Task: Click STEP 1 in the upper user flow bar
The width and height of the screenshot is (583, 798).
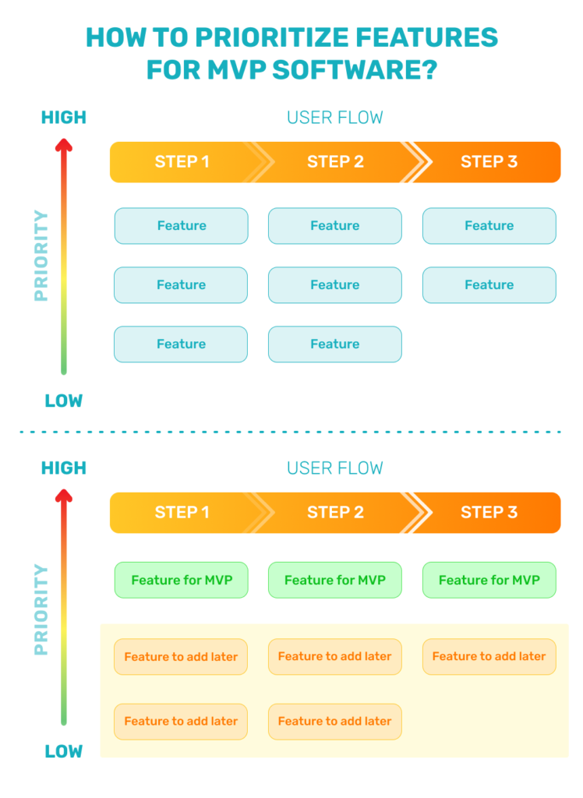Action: click(182, 162)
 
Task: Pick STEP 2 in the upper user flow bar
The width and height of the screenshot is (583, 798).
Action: click(335, 162)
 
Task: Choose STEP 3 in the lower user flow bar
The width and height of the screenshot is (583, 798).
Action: click(489, 513)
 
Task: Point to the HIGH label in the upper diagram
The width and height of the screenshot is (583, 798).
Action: click(64, 118)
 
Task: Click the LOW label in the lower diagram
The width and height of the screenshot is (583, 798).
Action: click(64, 752)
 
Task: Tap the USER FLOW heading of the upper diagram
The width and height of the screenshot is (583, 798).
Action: click(335, 118)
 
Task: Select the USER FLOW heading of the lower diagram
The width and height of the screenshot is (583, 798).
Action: click(335, 468)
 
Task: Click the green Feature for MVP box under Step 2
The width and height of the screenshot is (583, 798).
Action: click(335, 580)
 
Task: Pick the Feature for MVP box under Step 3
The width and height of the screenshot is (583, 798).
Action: click(489, 580)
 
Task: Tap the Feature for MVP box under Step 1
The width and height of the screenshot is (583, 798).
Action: click(182, 580)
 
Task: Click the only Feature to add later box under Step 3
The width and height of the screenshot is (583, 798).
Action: click(489, 657)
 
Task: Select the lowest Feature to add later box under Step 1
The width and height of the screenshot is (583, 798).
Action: click(181, 722)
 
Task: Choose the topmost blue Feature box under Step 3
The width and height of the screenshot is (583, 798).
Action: click(489, 226)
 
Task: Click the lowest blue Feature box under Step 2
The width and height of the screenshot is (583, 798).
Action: click(335, 344)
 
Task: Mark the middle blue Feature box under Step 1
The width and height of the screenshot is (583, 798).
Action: click(181, 285)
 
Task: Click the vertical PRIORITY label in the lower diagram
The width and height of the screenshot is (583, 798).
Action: click(41, 609)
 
